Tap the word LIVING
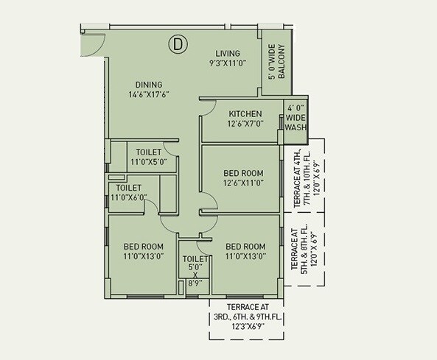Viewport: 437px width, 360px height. click(228, 53)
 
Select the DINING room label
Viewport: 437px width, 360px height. click(148, 85)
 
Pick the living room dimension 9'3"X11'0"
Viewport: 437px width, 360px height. click(228, 64)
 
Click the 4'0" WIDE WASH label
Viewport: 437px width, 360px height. click(295, 116)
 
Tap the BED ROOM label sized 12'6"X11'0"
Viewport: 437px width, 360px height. click(243, 178)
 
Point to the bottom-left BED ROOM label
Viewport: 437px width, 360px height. click(142, 251)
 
